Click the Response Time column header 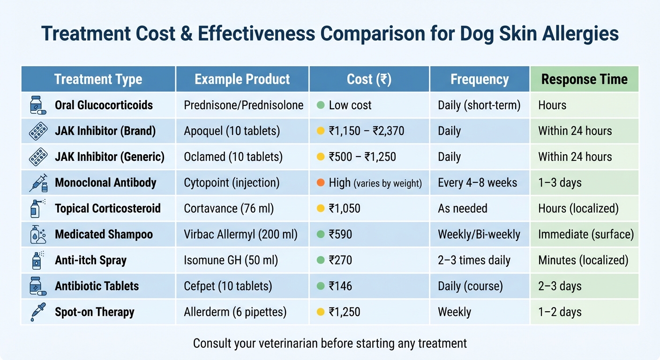(x=584, y=79)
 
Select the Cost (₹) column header (x=369, y=79)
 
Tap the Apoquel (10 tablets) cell (x=232, y=131)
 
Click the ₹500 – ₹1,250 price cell (x=362, y=157)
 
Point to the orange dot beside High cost (x=321, y=183)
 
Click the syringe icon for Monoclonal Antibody (x=38, y=183)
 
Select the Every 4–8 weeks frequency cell (x=477, y=183)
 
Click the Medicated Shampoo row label (x=104, y=234)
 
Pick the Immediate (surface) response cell (x=586, y=234)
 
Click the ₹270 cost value (x=340, y=260)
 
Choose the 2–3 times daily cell (x=474, y=260)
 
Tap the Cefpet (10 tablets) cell (x=228, y=286)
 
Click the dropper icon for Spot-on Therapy (x=37, y=312)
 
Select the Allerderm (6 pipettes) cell (x=235, y=312)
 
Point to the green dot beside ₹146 (x=321, y=286)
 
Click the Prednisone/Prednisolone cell (x=244, y=105)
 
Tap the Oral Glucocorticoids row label (x=104, y=105)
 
